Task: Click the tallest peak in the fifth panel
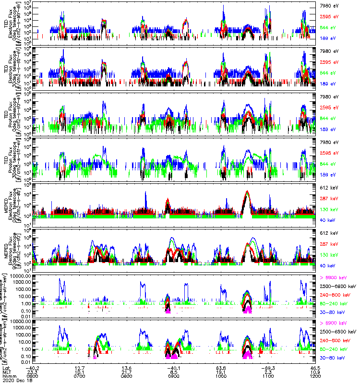pyautogui.click(x=247, y=192)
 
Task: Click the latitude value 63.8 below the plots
pyautogui.click(x=221, y=367)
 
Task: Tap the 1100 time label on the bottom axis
pyautogui.click(x=268, y=375)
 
